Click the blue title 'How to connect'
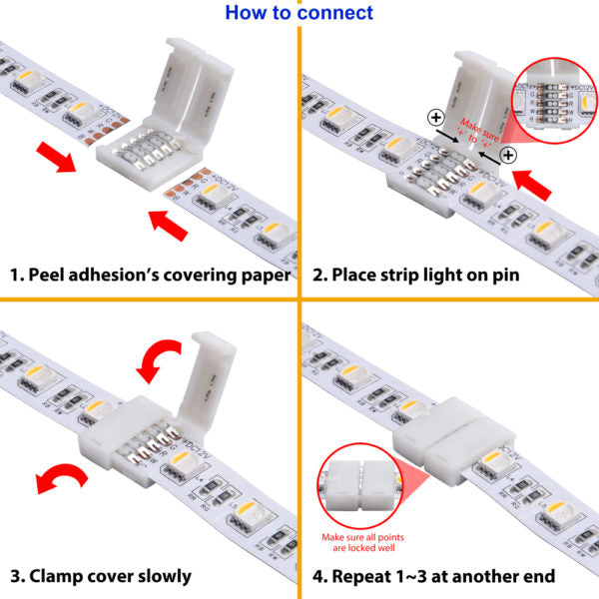click(x=299, y=13)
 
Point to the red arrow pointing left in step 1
click(x=53, y=158)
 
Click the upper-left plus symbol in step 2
click(x=436, y=117)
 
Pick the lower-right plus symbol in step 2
click(x=508, y=155)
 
